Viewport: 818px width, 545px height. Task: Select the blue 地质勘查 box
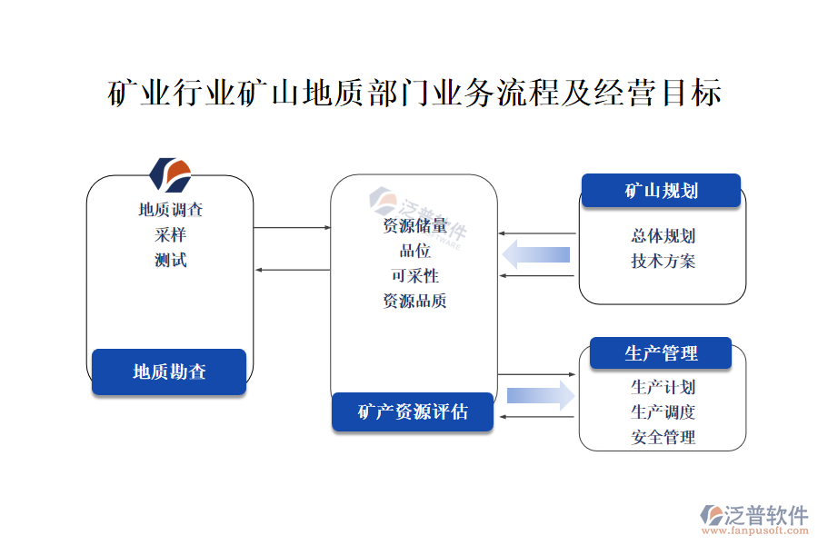point(169,372)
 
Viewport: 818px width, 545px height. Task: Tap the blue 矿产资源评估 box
point(413,411)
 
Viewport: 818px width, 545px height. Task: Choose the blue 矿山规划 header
point(661,191)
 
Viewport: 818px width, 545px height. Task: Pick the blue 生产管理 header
point(661,353)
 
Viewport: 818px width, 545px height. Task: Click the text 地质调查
point(170,210)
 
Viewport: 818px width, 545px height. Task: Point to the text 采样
point(170,235)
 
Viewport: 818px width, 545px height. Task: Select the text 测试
point(170,261)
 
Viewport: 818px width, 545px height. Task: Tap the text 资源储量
point(414,226)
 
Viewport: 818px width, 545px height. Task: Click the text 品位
point(414,252)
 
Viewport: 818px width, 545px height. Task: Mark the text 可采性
point(414,276)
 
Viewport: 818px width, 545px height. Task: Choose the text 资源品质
point(414,302)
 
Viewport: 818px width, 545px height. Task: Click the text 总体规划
point(663,236)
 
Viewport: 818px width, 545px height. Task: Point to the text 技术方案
point(663,262)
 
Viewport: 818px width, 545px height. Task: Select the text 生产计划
point(663,387)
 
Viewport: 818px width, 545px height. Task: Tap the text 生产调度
point(663,411)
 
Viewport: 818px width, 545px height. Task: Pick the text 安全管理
point(663,437)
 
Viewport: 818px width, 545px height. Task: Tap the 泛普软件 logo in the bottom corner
point(753,519)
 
